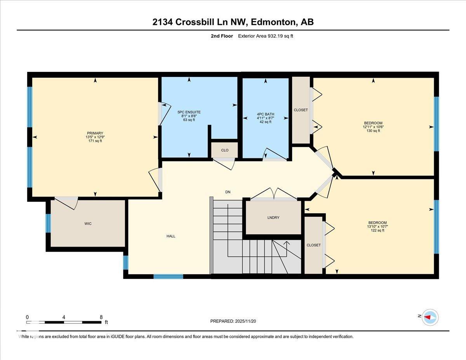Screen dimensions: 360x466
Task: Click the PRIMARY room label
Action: click(95, 133)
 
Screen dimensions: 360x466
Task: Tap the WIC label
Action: click(88, 224)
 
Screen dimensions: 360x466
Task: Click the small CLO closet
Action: click(224, 150)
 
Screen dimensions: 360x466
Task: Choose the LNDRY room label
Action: click(273, 218)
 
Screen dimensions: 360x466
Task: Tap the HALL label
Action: click(171, 236)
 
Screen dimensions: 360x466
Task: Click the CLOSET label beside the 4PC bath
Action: click(301, 110)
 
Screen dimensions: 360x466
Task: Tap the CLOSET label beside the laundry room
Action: click(313, 245)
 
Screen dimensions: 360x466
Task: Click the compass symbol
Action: click(430, 317)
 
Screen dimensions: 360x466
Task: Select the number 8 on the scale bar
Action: click(101, 317)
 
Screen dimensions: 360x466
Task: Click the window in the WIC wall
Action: click(48, 223)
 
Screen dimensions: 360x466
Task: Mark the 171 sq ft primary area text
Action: click(95, 141)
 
